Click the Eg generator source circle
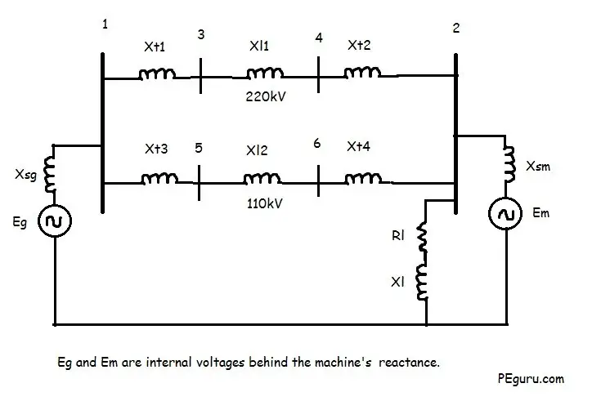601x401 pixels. [x=55, y=221]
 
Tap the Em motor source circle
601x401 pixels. [x=505, y=214]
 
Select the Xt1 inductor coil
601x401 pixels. [x=157, y=74]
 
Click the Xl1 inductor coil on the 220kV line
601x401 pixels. [x=265, y=73]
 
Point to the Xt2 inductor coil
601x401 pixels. [x=362, y=72]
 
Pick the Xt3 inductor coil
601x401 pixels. [x=159, y=179]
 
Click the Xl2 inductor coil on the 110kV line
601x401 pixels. [x=262, y=178]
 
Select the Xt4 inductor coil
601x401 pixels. [x=363, y=178]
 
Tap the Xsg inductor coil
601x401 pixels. [x=50, y=174]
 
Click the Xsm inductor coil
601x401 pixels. [x=509, y=164]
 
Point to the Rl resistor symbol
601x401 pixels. [x=422, y=237]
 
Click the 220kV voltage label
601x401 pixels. [x=266, y=96]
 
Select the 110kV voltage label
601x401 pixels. [x=264, y=203]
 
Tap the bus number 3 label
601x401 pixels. [x=201, y=34]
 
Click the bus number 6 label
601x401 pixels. [x=317, y=143]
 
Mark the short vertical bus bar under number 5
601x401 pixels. [x=199, y=183]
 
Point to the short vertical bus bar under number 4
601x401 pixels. [x=318, y=74]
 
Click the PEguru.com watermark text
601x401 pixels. [x=531, y=379]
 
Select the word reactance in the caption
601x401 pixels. [x=409, y=362]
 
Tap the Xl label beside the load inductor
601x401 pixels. [x=397, y=282]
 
